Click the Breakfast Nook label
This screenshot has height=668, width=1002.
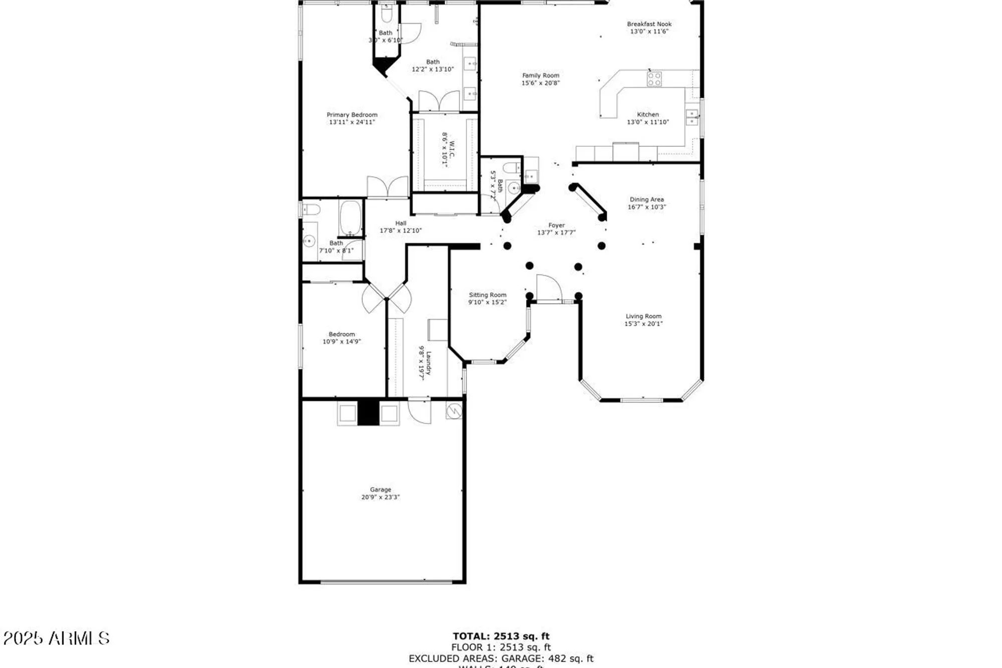point(649,24)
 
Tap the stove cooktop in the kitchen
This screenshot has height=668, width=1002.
point(654,79)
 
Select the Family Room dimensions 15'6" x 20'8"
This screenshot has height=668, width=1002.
point(541,83)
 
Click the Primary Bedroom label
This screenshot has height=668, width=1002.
point(352,115)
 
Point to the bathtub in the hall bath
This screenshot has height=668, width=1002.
point(350,218)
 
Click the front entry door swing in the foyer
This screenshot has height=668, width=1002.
point(549,288)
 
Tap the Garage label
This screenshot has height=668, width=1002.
point(380,490)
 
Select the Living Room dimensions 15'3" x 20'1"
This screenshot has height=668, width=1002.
point(643,324)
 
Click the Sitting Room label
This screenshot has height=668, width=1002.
point(487,295)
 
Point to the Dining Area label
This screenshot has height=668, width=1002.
point(646,199)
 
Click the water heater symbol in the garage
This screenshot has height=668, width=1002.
point(454,411)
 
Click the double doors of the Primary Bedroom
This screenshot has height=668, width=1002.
point(388,187)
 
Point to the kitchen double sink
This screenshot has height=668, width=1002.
point(692,118)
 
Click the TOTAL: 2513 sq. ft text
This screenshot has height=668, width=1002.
point(501,636)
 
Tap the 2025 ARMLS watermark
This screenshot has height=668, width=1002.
point(56,638)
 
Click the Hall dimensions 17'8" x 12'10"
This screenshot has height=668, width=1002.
point(400,231)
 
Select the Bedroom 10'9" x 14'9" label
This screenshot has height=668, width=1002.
point(342,334)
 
